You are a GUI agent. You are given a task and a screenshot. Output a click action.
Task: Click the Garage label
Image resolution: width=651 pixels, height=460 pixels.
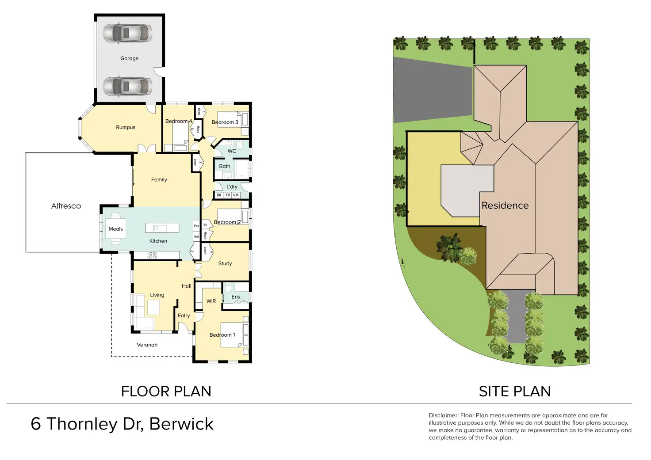(129, 58)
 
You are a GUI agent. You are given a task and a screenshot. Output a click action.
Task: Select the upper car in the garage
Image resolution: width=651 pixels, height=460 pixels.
(127, 34)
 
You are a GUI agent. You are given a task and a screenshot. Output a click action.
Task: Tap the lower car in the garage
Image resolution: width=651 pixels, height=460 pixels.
(127, 86)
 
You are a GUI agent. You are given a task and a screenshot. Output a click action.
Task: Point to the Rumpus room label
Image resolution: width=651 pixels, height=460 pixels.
(126, 127)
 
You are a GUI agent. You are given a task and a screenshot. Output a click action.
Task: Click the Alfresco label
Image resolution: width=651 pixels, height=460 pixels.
(66, 206)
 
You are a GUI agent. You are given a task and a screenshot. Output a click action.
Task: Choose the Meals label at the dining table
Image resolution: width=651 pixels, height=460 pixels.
(115, 229)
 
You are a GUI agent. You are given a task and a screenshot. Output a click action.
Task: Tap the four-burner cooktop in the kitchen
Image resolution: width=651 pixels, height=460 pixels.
(152, 255)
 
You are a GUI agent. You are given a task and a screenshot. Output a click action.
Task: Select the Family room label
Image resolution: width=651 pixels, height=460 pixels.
(159, 180)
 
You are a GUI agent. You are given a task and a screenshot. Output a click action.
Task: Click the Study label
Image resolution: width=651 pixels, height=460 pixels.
(225, 263)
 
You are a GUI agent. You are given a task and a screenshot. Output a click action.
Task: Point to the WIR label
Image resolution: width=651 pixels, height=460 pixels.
(211, 301)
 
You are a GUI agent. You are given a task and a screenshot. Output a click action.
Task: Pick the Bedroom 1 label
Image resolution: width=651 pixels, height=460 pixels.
(222, 335)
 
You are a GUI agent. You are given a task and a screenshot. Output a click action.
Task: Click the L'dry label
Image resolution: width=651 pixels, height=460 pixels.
(232, 187)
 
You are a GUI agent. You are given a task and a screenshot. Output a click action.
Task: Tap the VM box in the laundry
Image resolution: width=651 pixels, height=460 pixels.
(236, 195)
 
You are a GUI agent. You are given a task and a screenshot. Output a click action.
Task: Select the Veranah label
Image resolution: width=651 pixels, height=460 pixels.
(147, 345)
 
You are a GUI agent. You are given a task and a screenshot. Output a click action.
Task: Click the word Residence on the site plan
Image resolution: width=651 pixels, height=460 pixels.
(505, 205)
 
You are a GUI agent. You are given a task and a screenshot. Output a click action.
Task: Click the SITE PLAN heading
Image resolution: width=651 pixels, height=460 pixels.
(514, 392)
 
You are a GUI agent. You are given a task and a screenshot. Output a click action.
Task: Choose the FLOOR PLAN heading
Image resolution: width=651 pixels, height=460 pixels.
(166, 392)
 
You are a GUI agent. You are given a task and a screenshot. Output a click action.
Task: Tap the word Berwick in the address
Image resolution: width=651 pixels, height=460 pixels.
(181, 424)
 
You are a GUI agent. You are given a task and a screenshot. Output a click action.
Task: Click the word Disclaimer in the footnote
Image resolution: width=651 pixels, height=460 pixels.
(443, 415)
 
